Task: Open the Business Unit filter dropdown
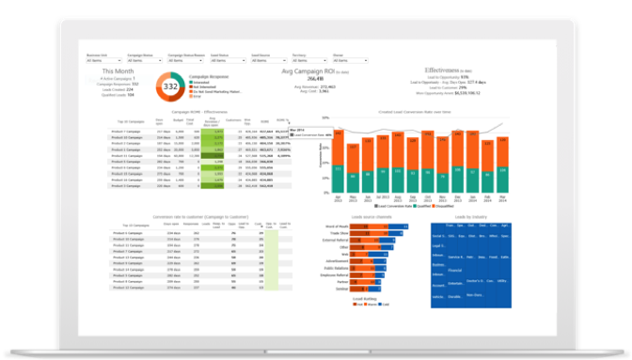(x=103, y=59)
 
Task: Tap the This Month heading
(x=118, y=70)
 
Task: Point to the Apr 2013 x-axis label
(x=338, y=198)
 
